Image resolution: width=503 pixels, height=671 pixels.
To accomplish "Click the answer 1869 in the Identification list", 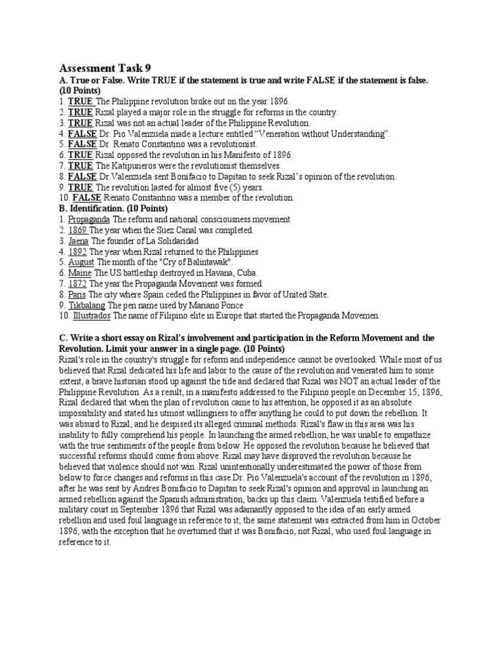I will point(78,230).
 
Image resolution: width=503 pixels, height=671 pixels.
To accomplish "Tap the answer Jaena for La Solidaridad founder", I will point(79,240).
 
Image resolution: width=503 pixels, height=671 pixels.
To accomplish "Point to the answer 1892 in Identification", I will point(78,251).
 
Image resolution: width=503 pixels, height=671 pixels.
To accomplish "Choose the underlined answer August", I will point(82,262).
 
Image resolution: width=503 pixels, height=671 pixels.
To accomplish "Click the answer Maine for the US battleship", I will point(80,273).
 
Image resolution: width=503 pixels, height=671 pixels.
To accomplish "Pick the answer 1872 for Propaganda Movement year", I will point(78,283).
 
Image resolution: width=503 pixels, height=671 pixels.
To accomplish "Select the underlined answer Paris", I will point(77,294).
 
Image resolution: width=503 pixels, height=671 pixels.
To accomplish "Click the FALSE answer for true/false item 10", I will point(85,197).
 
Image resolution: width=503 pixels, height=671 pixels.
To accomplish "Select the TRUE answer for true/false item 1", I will point(81,102).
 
